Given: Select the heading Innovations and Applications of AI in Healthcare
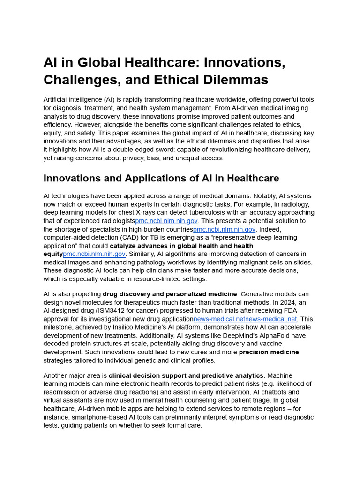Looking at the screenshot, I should [161, 178].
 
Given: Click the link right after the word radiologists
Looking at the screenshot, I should [166, 221].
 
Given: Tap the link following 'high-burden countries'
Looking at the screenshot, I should [224, 229].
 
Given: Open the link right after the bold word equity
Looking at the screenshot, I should [94, 254].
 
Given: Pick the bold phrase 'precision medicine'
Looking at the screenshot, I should [269, 352].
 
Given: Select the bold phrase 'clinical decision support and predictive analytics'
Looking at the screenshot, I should [186, 375].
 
